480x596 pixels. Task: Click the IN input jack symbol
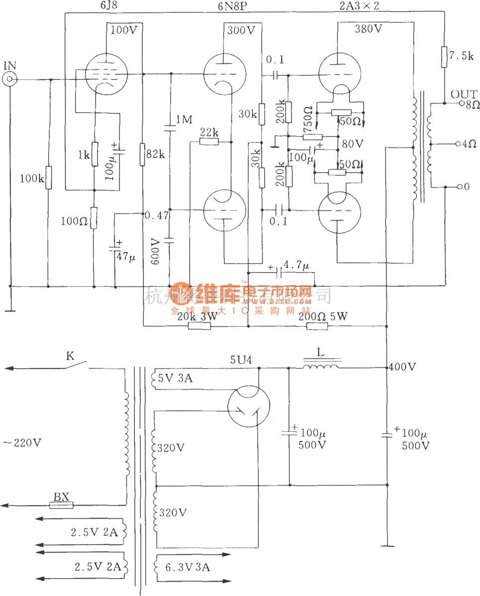[9, 79]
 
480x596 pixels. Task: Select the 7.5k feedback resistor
[444, 55]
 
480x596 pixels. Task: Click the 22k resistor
[208, 142]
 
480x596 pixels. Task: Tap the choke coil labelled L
[321, 367]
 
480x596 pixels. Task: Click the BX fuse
[62, 505]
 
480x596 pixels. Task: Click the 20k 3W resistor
[199, 326]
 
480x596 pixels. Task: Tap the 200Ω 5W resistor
[317, 326]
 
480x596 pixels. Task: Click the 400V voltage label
[403, 367]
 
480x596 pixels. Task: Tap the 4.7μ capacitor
[280, 272]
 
